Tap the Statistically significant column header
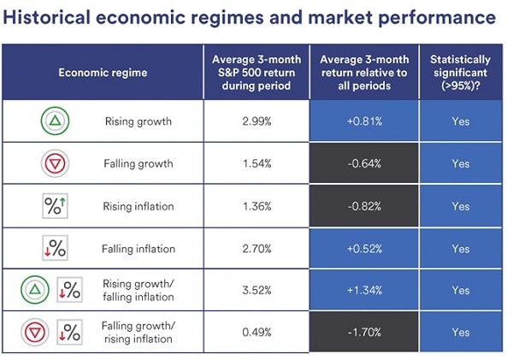point(461,73)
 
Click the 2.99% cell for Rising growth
point(255,121)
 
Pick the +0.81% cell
point(364,121)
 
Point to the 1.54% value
point(255,163)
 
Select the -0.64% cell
point(364,163)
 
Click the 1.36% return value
point(255,206)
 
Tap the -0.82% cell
point(364,206)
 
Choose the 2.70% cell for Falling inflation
point(255,249)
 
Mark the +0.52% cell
point(364,249)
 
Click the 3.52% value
point(255,291)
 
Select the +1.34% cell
point(364,291)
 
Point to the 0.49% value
point(255,333)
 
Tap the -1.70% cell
point(364,333)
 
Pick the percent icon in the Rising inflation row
point(56,206)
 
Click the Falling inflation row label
point(139,249)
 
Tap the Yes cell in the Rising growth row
point(461,121)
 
